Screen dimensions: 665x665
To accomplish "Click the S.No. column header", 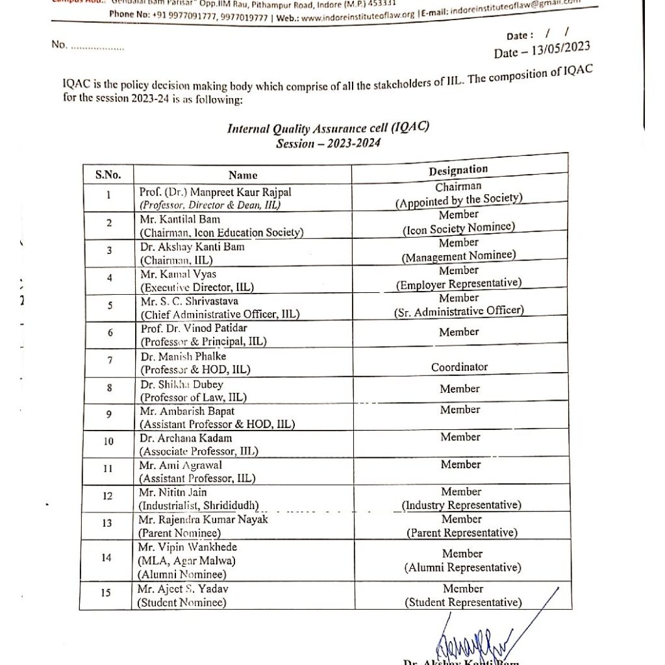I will (108, 174).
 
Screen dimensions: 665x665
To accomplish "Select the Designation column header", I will (458, 170).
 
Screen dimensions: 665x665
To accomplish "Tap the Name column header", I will (243, 175).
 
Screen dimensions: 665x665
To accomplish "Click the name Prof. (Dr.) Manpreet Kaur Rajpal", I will (216, 192).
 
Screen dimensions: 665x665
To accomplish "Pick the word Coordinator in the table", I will (459, 367).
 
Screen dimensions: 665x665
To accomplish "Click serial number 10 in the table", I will (108, 442).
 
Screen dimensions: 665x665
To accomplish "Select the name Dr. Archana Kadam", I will (186, 438).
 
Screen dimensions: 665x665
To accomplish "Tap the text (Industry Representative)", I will (461, 505).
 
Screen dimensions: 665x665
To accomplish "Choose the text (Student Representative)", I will (463, 603).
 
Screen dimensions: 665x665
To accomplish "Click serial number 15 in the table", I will (106, 592).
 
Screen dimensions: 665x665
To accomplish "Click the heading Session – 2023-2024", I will (328, 143).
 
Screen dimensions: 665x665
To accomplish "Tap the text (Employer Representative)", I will (458, 284).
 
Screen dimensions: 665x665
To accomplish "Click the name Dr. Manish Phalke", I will (183, 357).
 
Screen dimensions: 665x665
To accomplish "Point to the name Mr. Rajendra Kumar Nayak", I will (203, 520).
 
